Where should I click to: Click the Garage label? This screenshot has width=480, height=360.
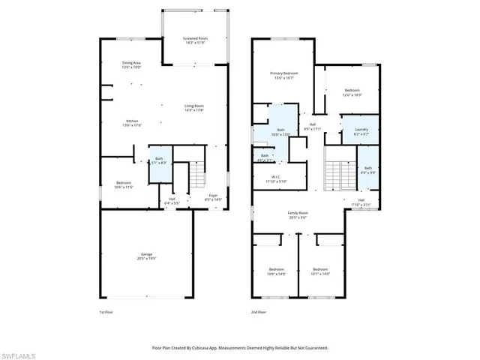pos(146,256)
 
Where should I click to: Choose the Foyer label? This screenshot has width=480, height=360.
pos(213,196)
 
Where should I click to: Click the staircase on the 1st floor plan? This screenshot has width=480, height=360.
pos(196,177)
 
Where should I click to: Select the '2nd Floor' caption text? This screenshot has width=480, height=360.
pos(259,312)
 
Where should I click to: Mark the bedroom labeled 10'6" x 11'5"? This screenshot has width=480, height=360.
pos(124,184)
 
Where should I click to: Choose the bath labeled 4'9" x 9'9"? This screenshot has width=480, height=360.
pos(367,169)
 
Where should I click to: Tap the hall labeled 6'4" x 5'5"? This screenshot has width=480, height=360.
pos(172,201)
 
